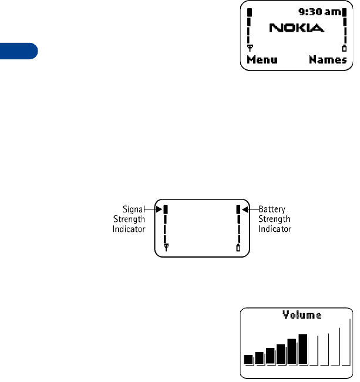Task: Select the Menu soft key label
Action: pyautogui.click(x=262, y=60)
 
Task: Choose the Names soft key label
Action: pyautogui.click(x=328, y=60)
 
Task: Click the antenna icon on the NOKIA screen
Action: pyautogui.click(x=249, y=48)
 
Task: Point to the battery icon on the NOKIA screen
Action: pyautogui.click(x=344, y=48)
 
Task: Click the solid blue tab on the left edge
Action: pyautogui.click(x=18, y=50)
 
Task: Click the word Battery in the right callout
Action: pyautogui.click(x=272, y=208)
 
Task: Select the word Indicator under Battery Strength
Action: pyautogui.click(x=275, y=229)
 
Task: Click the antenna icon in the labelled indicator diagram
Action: pyautogui.click(x=166, y=248)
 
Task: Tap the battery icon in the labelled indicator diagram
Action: pyautogui.click(x=238, y=248)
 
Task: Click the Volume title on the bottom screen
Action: pyautogui.click(x=302, y=315)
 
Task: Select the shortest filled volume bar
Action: pyautogui.click(x=248, y=359)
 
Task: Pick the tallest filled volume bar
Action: pyautogui.click(x=303, y=349)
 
